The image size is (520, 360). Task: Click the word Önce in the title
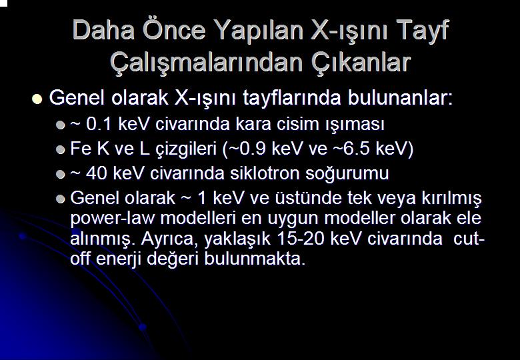[175, 29]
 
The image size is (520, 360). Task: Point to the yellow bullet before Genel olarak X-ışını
[37, 99]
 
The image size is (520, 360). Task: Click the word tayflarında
[292, 98]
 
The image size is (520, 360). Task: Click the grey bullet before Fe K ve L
[61, 150]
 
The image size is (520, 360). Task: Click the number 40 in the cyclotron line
[96, 173]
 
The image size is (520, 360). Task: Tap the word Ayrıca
[169, 239]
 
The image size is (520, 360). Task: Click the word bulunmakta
[255, 259]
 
